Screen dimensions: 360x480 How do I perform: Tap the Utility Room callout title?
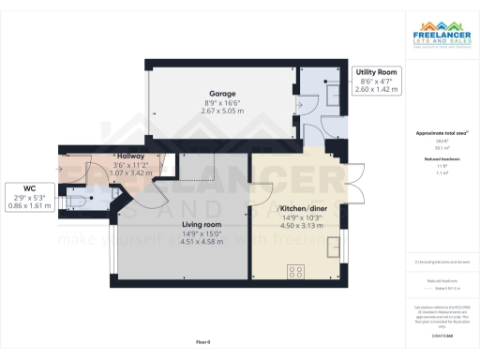coord(377,72)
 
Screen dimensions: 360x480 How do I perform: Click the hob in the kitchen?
coord(295,272)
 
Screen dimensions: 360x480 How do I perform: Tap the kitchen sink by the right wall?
coord(335,247)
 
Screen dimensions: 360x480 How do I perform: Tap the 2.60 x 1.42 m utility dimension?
coord(377,89)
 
